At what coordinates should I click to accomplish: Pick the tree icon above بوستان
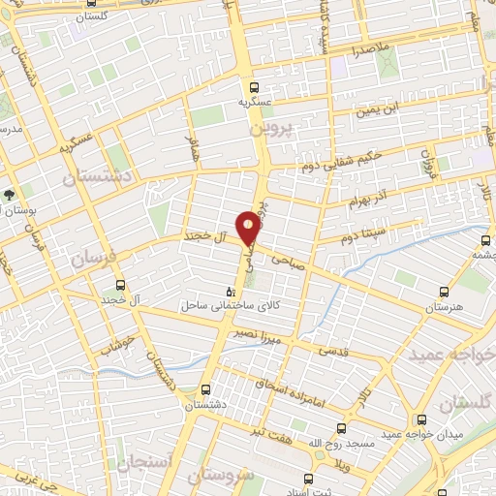9,194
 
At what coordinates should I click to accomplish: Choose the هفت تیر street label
271,428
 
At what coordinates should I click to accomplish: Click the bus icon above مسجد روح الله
341,426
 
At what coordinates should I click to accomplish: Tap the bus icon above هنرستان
445,291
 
